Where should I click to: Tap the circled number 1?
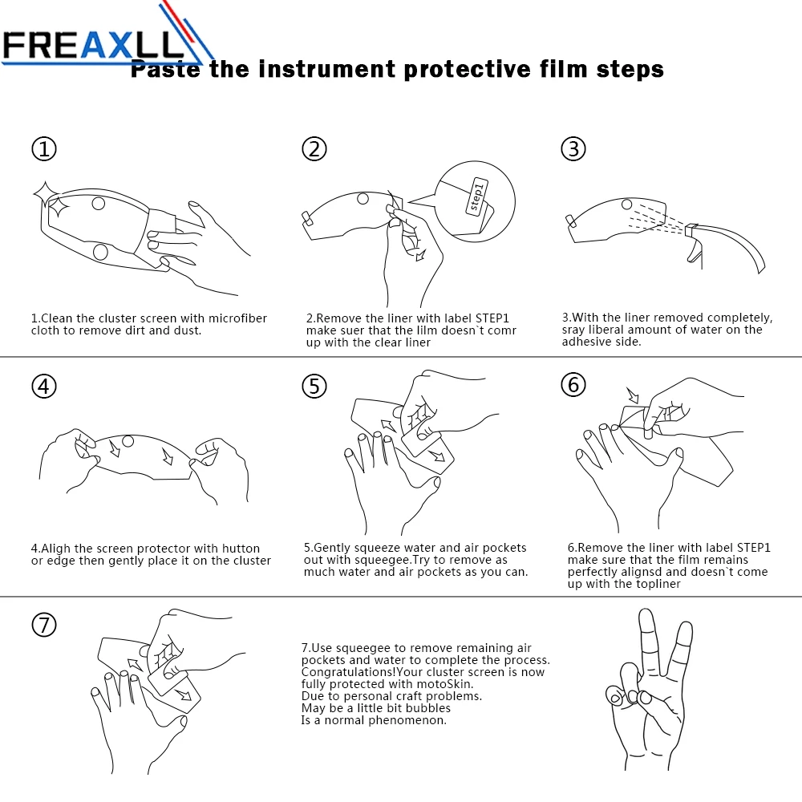[x=44, y=149]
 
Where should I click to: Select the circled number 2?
[x=314, y=149]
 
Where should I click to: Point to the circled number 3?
[x=573, y=149]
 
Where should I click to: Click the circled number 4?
[x=44, y=387]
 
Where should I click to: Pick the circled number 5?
[x=314, y=387]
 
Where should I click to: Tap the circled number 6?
[x=573, y=385]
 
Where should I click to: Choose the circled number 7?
[x=44, y=625]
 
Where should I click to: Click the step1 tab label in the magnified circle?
[x=476, y=197]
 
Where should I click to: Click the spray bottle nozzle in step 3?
[x=691, y=231]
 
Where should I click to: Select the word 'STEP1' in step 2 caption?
[x=492, y=318]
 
